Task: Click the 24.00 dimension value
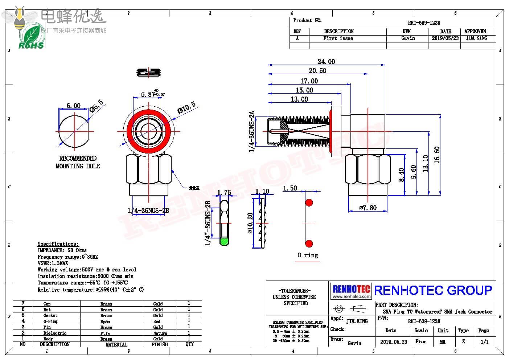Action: [x=326, y=62]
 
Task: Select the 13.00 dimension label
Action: [x=299, y=99]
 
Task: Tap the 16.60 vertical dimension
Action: [x=437, y=155]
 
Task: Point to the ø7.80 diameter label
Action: [x=368, y=208]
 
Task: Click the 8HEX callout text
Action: [x=194, y=188]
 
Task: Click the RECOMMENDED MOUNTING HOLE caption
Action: [x=78, y=162]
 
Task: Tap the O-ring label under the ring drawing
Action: [x=308, y=255]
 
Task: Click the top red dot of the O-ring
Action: [x=309, y=202]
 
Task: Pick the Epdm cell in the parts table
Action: [x=105, y=322]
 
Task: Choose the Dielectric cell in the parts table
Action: [x=55, y=333]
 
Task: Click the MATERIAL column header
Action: [x=116, y=344]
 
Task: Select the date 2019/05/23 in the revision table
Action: [x=445, y=38]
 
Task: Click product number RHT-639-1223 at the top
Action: [x=424, y=22]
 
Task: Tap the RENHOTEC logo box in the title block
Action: [x=351, y=291]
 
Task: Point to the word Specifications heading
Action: [x=58, y=244]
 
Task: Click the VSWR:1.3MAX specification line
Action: [x=53, y=263]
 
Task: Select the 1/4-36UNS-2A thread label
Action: [x=252, y=131]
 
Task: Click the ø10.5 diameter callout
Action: [x=186, y=107]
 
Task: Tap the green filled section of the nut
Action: [x=225, y=241]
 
